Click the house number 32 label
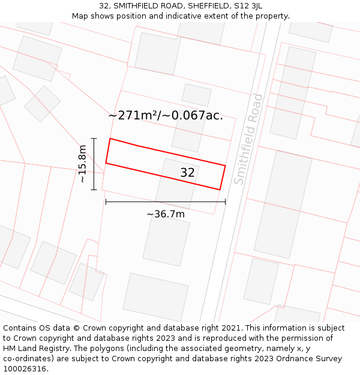click(187, 173)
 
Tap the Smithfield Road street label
click(248, 139)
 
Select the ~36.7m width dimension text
click(166, 214)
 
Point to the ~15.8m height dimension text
click(83, 164)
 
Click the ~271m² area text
click(136, 116)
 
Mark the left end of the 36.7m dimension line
click(106, 202)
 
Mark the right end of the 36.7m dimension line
click(225, 202)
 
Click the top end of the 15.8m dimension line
click(94, 138)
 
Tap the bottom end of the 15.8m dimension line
click(94, 190)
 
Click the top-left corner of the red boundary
click(110, 139)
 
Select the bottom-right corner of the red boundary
click(220, 190)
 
